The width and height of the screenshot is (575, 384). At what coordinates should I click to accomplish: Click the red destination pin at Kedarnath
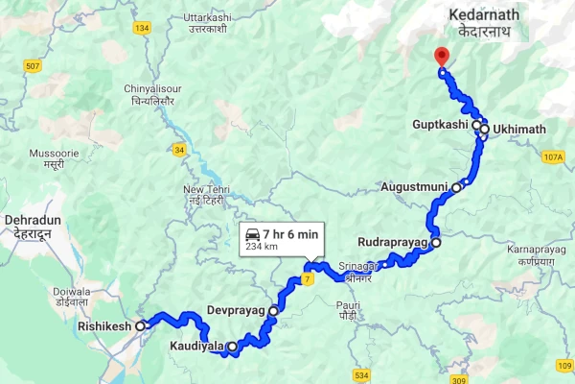tap(441, 56)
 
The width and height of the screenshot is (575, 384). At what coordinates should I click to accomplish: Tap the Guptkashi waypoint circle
tap(476, 125)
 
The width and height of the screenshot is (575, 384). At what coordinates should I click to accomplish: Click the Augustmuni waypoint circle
tap(457, 187)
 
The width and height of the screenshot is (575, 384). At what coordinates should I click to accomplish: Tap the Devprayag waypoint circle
tap(273, 311)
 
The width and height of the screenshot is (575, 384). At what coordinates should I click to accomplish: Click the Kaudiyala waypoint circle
tap(231, 346)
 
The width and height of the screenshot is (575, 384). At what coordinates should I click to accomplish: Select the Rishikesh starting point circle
tap(141, 326)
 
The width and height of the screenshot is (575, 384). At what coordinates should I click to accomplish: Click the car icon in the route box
tap(253, 234)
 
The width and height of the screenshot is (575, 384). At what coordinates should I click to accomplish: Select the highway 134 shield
tap(142, 29)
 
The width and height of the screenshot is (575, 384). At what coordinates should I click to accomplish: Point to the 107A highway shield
tap(553, 156)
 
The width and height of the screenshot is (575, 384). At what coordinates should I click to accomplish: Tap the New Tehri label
tap(204, 195)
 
